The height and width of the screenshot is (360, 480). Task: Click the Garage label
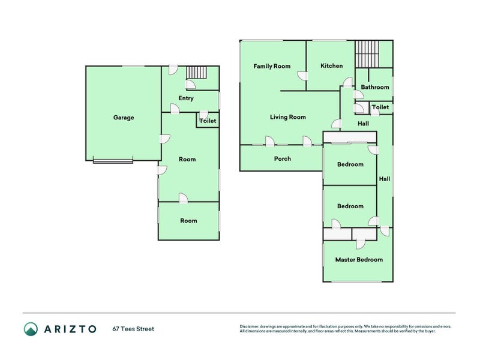point(124,118)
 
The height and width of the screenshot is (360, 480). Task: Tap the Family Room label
point(272,66)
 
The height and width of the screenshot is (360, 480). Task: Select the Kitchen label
point(331,66)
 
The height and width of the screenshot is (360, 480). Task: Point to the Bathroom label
point(375,87)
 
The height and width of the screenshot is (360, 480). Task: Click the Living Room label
point(288,117)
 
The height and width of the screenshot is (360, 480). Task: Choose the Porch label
point(283,158)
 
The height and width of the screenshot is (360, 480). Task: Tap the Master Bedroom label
point(359,260)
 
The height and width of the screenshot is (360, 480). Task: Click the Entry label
point(186,98)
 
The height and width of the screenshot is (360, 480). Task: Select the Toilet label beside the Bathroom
point(380,107)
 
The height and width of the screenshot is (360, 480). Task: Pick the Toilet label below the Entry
point(208,121)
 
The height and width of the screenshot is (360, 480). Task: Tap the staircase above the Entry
point(196,73)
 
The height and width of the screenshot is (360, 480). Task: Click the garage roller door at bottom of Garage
point(113,160)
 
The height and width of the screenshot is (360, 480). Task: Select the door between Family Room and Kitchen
point(303,76)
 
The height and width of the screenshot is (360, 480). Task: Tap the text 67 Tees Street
point(133,329)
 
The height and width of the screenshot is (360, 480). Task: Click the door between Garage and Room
point(163,140)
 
